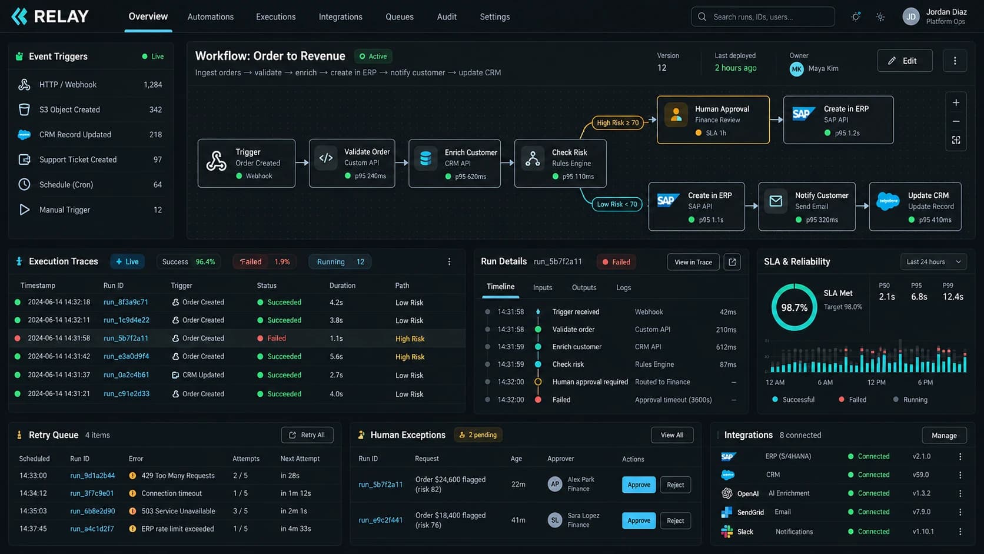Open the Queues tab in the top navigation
400,16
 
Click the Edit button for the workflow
905,61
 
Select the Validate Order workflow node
352,164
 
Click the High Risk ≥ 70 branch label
617,122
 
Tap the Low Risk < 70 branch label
617,204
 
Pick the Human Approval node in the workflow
713,120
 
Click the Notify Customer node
807,207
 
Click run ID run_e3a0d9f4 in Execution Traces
126,356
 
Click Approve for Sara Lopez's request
639,520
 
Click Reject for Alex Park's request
675,485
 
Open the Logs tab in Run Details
623,287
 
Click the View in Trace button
693,262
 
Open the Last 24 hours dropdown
933,262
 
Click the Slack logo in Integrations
727,532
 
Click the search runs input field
763,16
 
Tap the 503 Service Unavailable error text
178,511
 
